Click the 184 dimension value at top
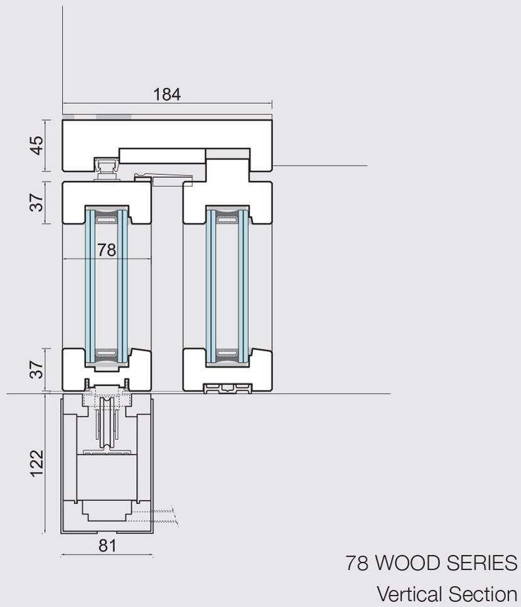(x=167, y=94)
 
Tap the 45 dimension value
(x=37, y=145)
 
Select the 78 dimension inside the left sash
(x=107, y=250)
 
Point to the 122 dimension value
(x=37, y=463)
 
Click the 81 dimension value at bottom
(x=107, y=545)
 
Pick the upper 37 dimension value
(x=37, y=202)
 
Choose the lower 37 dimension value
(x=37, y=369)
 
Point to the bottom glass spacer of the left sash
(x=107, y=354)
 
